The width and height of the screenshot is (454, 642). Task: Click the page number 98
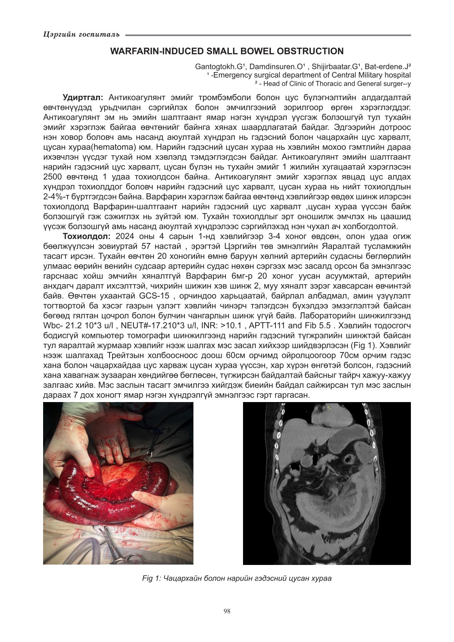click(x=227, y=611)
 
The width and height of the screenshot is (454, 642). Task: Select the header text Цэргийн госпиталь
click(x=82, y=35)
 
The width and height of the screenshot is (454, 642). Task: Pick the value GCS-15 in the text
click(x=154, y=296)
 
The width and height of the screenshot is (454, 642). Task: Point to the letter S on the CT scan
click(x=329, y=408)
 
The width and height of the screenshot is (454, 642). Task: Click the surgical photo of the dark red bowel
click(x=118, y=483)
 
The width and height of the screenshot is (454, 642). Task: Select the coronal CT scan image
click(x=327, y=483)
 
